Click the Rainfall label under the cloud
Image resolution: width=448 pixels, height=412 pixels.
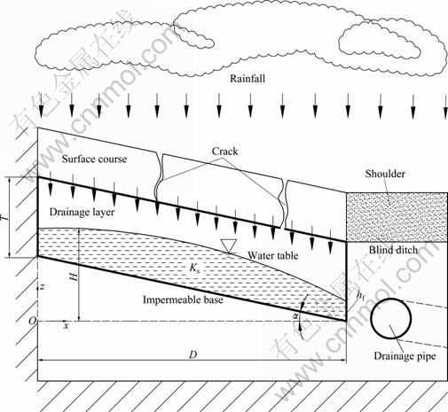(x=248, y=79)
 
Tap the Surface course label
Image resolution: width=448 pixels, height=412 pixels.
(x=94, y=159)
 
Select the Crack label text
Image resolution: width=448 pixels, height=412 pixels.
(x=224, y=152)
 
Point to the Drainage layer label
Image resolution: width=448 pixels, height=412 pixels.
(x=82, y=212)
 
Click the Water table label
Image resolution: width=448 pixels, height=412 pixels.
(x=272, y=255)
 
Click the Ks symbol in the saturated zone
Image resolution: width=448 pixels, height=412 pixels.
(x=193, y=268)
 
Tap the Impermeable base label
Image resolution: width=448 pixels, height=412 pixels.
(x=183, y=299)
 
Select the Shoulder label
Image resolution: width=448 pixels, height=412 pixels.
(x=385, y=174)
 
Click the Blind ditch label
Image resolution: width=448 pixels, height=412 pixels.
(x=393, y=250)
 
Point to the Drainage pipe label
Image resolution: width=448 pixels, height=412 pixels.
(x=405, y=356)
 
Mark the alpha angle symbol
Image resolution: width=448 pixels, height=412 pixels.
(x=295, y=316)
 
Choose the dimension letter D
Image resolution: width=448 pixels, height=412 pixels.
(x=193, y=354)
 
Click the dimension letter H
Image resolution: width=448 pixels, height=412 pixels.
(x=74, y=276)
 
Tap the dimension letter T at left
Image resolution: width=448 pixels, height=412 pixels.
(x=4, y=218)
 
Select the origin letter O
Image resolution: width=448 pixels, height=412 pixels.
(x=33, y=321)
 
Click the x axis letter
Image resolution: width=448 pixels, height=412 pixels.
(x=67, y=326)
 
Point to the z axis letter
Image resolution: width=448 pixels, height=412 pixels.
(x=43, y=286)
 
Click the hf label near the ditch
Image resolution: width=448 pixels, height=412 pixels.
(x=360, y=295)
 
